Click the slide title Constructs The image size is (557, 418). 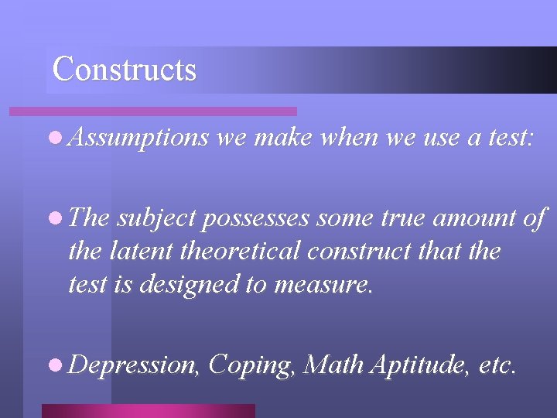coord(124,69)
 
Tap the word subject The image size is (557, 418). coord(157,219)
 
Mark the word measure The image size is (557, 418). coord(330,285)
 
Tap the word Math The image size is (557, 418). coord(333,363)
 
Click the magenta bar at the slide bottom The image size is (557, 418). coord(148,410)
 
